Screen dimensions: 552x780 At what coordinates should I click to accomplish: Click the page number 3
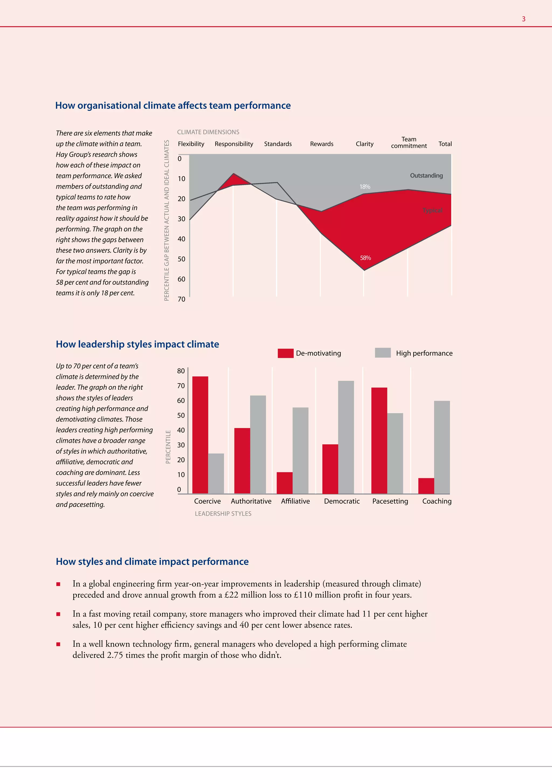click(523, 19)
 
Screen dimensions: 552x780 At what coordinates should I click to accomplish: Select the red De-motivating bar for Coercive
click(200, 435)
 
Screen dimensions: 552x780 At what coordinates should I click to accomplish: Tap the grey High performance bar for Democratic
click(346, 437)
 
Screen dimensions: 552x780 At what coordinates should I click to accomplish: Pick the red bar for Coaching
click(426, 486)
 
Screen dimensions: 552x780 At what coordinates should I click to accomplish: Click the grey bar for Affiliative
click(301, 451)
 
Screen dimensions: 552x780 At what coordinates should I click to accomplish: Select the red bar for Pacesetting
click(379, 441)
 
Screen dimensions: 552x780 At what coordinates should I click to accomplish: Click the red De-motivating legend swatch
click(285, 353)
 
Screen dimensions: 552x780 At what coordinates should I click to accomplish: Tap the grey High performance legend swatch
click(383, 353)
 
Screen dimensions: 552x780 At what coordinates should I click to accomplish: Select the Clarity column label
click(365, 144)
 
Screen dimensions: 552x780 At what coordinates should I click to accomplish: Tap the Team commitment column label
click(409, 142)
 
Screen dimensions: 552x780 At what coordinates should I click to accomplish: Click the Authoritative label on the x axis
click(251, 502)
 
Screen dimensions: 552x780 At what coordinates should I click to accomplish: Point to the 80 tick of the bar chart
click(181, 371)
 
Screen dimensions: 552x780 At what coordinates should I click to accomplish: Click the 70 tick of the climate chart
click(181, 299)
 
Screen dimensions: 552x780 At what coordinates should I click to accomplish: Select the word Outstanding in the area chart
click(426, 176)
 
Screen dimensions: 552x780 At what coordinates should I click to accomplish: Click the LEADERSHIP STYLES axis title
click(223, 514)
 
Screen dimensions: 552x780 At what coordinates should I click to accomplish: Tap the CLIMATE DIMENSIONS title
click(208, 132)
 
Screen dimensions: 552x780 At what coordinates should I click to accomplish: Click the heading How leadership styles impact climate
click(137, 344)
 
